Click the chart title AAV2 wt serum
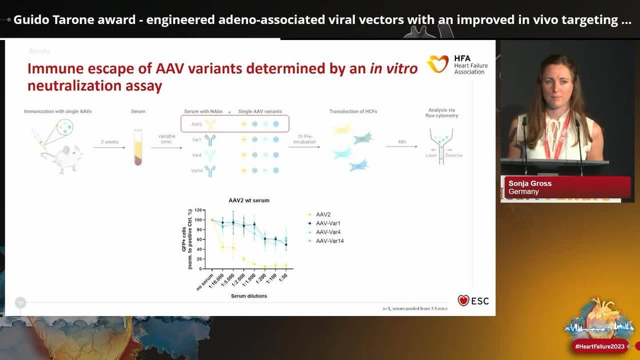click(249, 201)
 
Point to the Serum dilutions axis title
click(249, 296)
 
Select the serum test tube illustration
click(138, 147)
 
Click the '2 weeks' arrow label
click(109, 141)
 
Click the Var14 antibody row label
click(197, 170)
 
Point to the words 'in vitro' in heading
click(393, 69)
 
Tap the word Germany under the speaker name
click(523, 192)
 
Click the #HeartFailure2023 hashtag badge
click(600, 346)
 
